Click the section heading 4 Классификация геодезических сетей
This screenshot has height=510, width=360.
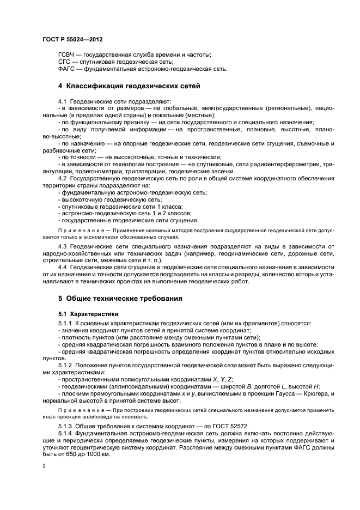coord(129,86)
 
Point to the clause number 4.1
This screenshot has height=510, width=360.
coord(62,101)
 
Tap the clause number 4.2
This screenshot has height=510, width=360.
coord(62,178)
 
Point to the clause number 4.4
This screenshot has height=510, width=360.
coord(62,269)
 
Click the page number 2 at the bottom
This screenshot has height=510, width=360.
coord(44,467)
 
